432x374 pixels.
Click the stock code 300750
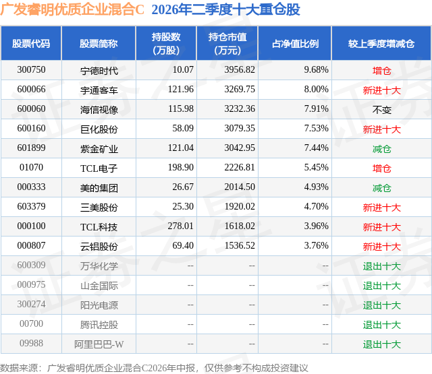point(31,70)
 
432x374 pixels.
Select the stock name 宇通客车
point(99,90)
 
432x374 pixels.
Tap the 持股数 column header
point(166,43)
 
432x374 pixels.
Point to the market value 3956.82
point(240,70)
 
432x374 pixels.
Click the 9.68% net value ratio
point(316,70)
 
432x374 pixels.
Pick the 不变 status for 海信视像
point(381,110)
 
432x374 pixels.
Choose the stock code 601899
point(31,148)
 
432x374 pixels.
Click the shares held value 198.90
point(181,168)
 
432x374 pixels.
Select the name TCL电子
point(99,168)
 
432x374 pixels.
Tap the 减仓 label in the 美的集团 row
point(381,188)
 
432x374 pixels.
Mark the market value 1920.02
point(240,206)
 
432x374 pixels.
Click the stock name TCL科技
point(99,227)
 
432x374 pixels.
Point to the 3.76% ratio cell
point(316,245)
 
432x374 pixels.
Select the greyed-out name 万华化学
point(99,266)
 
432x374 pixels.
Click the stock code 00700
point(31,323)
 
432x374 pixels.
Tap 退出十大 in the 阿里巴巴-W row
point(381,344)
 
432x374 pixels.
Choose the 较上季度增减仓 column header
point(381,44)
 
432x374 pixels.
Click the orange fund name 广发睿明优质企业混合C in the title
point(72,9)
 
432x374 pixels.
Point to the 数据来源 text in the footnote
point(18,368)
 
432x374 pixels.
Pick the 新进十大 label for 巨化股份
point(381,129)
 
